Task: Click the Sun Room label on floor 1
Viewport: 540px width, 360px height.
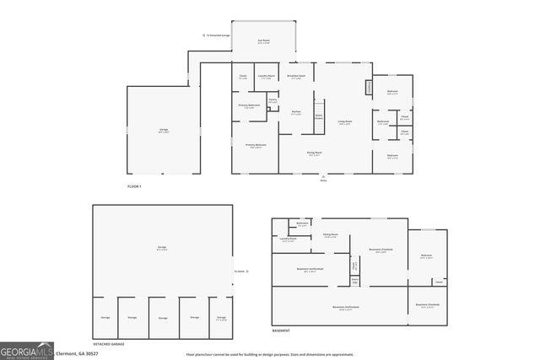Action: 263,41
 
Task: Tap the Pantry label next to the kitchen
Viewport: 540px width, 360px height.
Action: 273,100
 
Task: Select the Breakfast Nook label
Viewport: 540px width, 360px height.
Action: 297,77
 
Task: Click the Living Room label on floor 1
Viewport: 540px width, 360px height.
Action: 344,122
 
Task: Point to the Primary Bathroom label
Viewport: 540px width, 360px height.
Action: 248,106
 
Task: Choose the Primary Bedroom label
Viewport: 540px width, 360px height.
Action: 256,145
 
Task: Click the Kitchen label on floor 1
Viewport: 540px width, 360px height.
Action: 296,112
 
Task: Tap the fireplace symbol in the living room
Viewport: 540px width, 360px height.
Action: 368,87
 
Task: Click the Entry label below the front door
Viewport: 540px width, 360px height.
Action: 323,180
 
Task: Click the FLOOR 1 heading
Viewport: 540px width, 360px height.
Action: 133,185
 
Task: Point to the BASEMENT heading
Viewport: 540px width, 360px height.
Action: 281,330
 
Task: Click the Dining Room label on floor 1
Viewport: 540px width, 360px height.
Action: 314,153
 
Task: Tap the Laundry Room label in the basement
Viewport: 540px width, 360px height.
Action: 288,239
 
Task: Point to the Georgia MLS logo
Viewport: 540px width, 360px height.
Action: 26,350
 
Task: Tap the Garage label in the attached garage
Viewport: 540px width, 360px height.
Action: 163,130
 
